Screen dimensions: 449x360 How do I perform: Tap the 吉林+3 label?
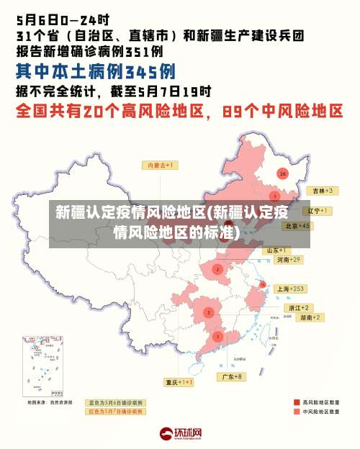coord(320,191)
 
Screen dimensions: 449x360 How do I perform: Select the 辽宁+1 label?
coord(317,211)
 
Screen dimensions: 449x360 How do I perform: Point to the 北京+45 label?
coord(297,225)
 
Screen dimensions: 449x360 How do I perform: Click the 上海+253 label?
coord(290,289)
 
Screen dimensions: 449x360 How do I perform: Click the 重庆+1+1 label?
coord(179,382)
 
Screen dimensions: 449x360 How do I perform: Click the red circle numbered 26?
coord(283,174)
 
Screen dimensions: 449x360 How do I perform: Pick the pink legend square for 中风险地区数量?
coord(297,412)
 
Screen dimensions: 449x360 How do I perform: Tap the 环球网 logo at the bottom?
coord(180,433)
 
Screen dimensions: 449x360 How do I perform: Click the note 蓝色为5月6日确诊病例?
coord(115,402)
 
